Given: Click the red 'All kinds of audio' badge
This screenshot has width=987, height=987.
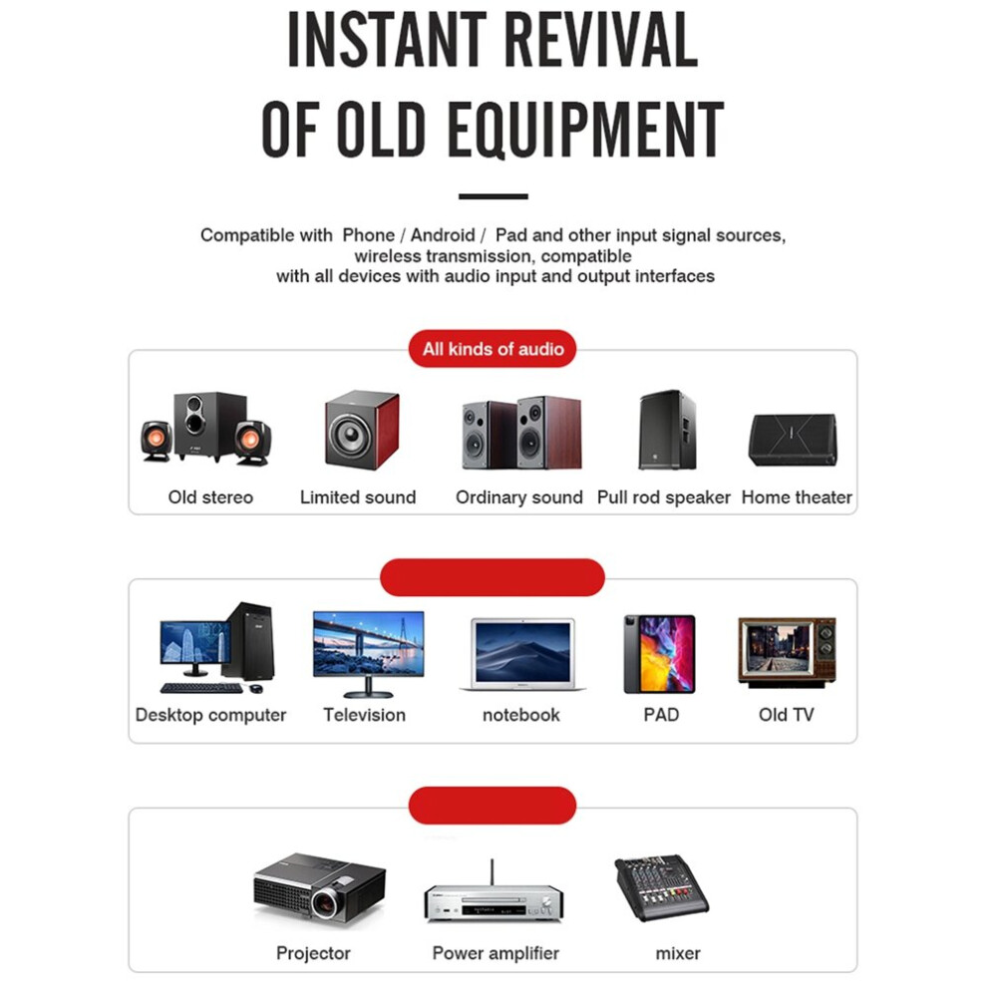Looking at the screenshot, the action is (x=493, y=349).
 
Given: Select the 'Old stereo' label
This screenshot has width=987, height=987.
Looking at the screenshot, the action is (x=210, y=497).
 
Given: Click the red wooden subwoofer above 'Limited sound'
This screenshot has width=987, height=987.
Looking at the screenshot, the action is (x=361, y=430).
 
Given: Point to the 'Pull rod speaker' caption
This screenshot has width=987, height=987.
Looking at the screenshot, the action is (x=663, y=497).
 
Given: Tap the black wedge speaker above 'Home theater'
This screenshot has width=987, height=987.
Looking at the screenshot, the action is (x=793, y=440).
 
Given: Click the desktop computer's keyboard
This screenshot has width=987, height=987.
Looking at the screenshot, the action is (x=201, y=688).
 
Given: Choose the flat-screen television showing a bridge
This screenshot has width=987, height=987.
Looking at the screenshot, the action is (x=368, y=653).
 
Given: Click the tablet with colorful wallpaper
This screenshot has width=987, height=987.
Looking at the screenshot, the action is (x=659, y=654).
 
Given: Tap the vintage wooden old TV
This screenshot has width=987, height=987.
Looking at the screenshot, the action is (x=787, y=652).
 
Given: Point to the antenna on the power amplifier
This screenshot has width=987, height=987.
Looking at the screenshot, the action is (x=493, y=871).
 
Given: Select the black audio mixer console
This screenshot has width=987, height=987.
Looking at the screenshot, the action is (x=662, y=887).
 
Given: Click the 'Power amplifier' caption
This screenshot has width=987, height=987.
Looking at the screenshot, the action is (x=495, y=953).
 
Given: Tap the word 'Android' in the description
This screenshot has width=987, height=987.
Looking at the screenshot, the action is (x=443, y=235).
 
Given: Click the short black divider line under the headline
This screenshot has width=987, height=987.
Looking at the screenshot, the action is (x=493, y=196).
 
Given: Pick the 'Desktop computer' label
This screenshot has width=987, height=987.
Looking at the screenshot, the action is (x=210, y=715).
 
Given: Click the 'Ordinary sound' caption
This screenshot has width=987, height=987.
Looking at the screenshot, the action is (x=518, y=497).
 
